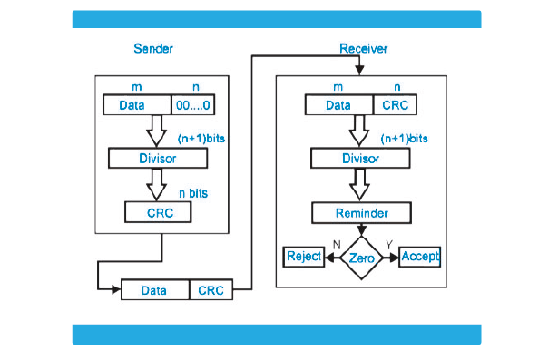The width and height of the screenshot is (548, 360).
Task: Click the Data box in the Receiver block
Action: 338,105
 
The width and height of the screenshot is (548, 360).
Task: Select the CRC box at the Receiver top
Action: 396,105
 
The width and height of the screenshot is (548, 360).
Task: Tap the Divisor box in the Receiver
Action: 360,159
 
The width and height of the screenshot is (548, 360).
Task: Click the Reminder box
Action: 362,213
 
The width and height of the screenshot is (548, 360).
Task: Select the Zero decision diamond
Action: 361,258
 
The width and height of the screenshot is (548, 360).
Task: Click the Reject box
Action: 304,257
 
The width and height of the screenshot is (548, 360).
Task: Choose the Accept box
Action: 419,257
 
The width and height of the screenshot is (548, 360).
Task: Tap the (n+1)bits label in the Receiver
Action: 404,139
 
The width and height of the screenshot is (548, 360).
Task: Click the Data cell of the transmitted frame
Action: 154,291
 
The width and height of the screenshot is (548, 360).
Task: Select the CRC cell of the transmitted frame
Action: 210,291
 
